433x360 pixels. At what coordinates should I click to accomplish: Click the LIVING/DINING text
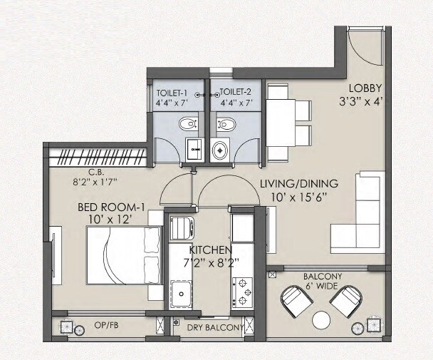click(299, 184)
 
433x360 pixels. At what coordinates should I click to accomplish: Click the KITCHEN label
click(210, 250)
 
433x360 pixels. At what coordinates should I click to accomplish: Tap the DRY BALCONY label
click(214, 328)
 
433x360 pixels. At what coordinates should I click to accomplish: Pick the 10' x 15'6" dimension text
click(299, 196)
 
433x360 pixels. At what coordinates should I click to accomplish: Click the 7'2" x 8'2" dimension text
click(210, 262)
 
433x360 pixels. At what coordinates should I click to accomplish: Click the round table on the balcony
click(322, 319)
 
